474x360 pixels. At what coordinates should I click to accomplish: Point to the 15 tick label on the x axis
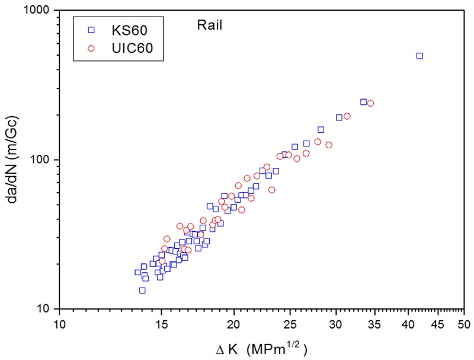(161, 325)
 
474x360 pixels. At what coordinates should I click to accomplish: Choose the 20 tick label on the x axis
(234, 325)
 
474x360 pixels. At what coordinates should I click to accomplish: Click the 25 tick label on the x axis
(291, 325)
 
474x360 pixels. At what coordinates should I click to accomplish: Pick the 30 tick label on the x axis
(337, 325)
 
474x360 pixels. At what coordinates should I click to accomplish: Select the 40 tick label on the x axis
(409, 325)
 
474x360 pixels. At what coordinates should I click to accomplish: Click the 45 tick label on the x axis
(438, 325)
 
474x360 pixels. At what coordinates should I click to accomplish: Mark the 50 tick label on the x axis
(465, 325)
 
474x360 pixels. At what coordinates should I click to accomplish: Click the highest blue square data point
(419, 56)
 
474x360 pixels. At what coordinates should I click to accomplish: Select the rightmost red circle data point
(371, 103)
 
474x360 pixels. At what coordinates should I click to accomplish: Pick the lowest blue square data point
(142, 290)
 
